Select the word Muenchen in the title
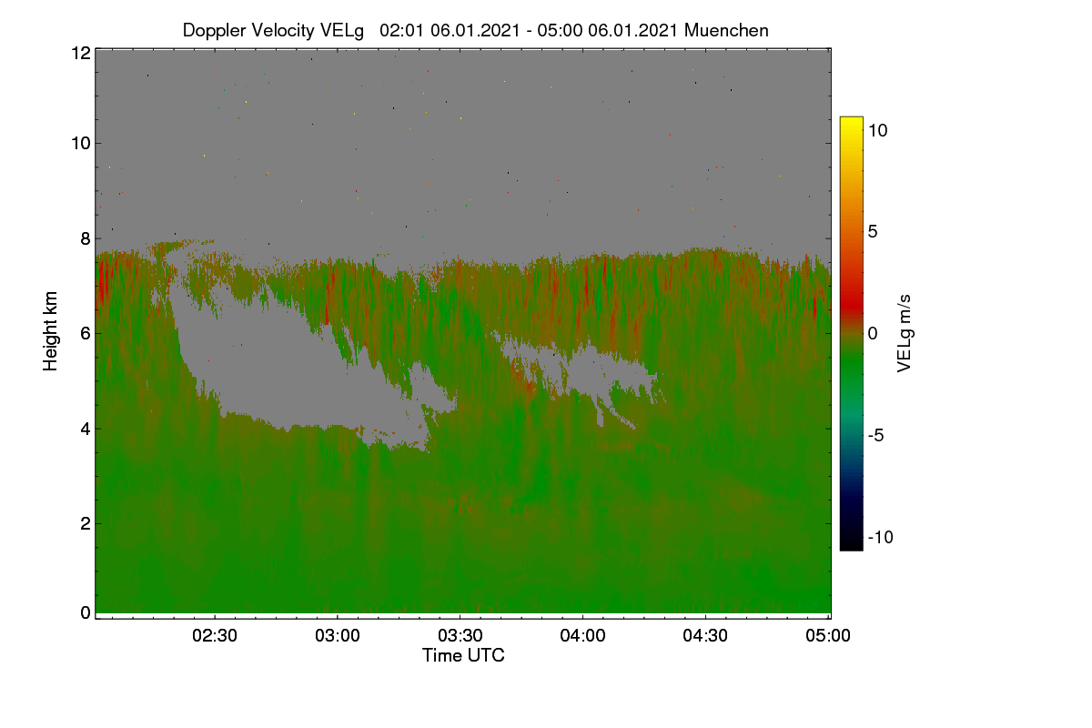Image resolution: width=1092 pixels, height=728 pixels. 726,30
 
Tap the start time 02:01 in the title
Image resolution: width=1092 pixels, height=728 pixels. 401,30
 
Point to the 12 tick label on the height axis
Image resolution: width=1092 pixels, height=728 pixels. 81,53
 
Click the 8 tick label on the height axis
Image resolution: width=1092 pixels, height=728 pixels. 86,238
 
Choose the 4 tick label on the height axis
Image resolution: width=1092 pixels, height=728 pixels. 86,430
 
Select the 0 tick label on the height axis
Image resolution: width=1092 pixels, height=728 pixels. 86,613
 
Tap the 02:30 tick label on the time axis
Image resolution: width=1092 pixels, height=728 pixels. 215,636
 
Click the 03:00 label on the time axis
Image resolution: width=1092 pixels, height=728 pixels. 338,636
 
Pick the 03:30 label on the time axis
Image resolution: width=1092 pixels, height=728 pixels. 460,636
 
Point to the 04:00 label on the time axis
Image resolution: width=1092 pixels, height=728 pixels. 582,636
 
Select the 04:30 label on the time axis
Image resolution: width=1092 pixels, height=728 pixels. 705,636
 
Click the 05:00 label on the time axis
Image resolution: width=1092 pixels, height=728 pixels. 828,636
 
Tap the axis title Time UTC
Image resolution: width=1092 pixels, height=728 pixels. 463,656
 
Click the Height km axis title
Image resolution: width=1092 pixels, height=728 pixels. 50,331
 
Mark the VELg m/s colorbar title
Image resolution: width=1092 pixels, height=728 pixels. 905,334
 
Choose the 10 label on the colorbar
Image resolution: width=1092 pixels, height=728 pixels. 877,131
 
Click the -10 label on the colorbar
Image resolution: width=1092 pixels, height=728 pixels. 881,537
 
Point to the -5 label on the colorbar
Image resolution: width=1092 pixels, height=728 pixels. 875,435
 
